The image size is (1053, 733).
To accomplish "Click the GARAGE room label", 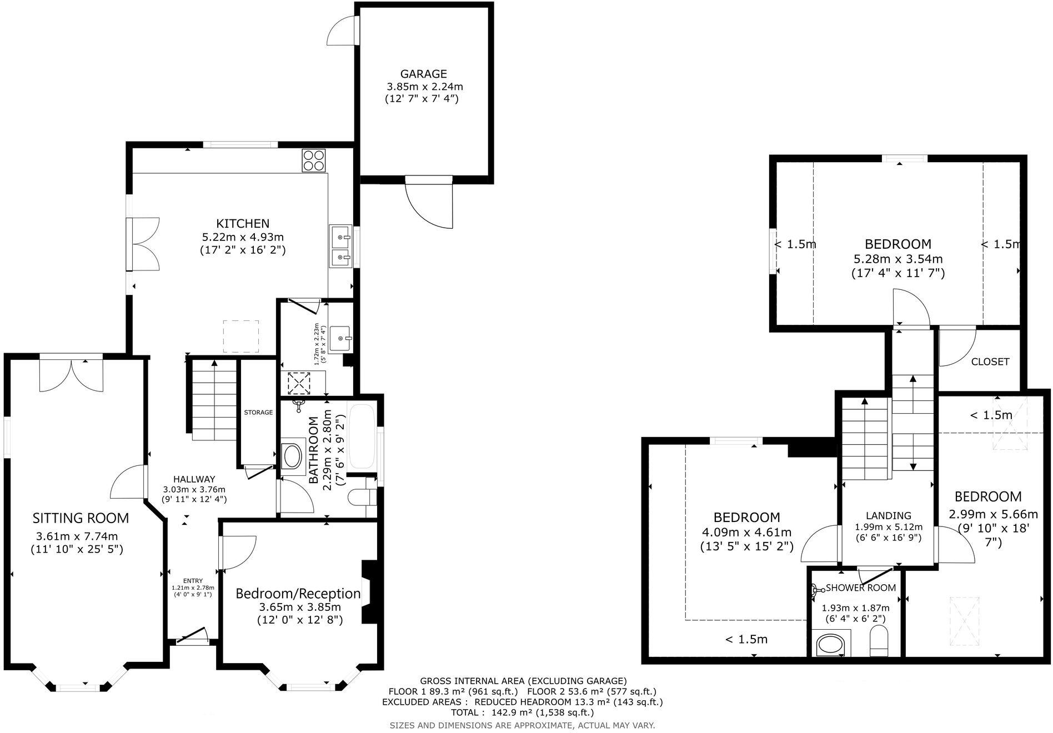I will pyautogui.click(x=424, y=74).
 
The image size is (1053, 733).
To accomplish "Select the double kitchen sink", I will pyautogui.click(x=340, y=246).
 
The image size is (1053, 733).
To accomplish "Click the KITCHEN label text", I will pyautogui.click(x=243, y=223).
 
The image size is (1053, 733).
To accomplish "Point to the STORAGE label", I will pyautogui.click(x=258, y=412).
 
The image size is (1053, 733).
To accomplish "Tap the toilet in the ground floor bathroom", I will pyautogui.click(x=360, y=497).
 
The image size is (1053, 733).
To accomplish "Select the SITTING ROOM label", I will pyautogui.click(x=81, y=518).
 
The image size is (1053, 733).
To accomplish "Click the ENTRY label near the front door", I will pyautogui.click(x=193, y=581).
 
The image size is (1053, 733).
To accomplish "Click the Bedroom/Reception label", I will pyautogui.click(x=298, y=593).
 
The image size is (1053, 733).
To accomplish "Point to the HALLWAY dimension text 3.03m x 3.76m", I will pyautogui.click(x=194, y=489).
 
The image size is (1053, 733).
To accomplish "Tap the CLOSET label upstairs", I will pyautogui.click(x=990, y=362).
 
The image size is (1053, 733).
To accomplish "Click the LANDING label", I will pyautogui.click(x=889, y=515).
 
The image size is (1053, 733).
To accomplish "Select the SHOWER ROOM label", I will pyautogui.click(x=860, y=588).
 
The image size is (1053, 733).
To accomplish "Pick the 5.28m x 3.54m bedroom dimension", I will pyautogui.click(x=897, y=259).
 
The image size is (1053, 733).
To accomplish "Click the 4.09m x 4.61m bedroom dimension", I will pyautogui.click(x=746, y=533).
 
